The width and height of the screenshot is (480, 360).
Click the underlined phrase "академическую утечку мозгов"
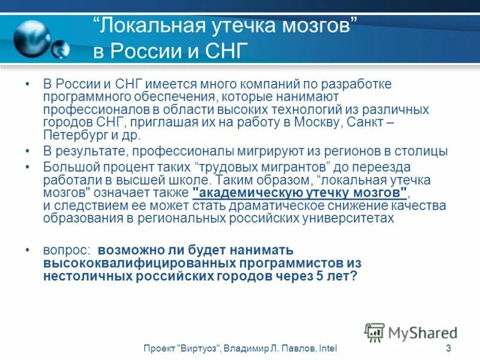pos(300,193)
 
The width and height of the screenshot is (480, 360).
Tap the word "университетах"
pos(354,218)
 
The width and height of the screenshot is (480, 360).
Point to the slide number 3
pos(448,349)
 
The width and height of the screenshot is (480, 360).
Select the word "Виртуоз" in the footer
pos(199,349)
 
